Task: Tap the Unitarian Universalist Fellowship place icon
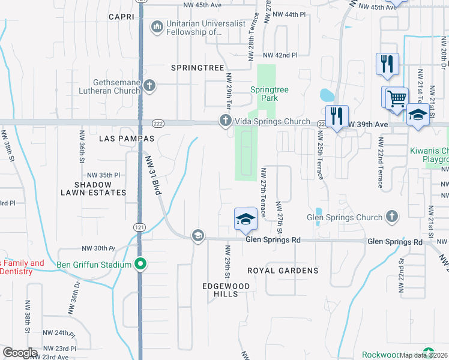click(x=157, y=26)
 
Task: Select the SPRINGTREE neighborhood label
click(x=197, y=68)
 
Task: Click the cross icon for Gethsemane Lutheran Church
click(x=150, y=86)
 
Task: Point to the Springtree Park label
click(x=270, y=94)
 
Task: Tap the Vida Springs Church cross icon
click(x=226, y=121)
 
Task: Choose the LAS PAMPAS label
click(x=127, y=139)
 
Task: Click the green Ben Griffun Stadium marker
click(x=141, y=264)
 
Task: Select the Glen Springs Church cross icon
click(x=391, y=217)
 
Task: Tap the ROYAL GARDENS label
click(x=282, y=271)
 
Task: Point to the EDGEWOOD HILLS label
click(x=226, y=290)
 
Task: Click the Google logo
click(x=20, y=352)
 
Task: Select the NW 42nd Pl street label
click(x=282, y=55)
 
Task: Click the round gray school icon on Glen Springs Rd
click(x=197, y=236)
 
